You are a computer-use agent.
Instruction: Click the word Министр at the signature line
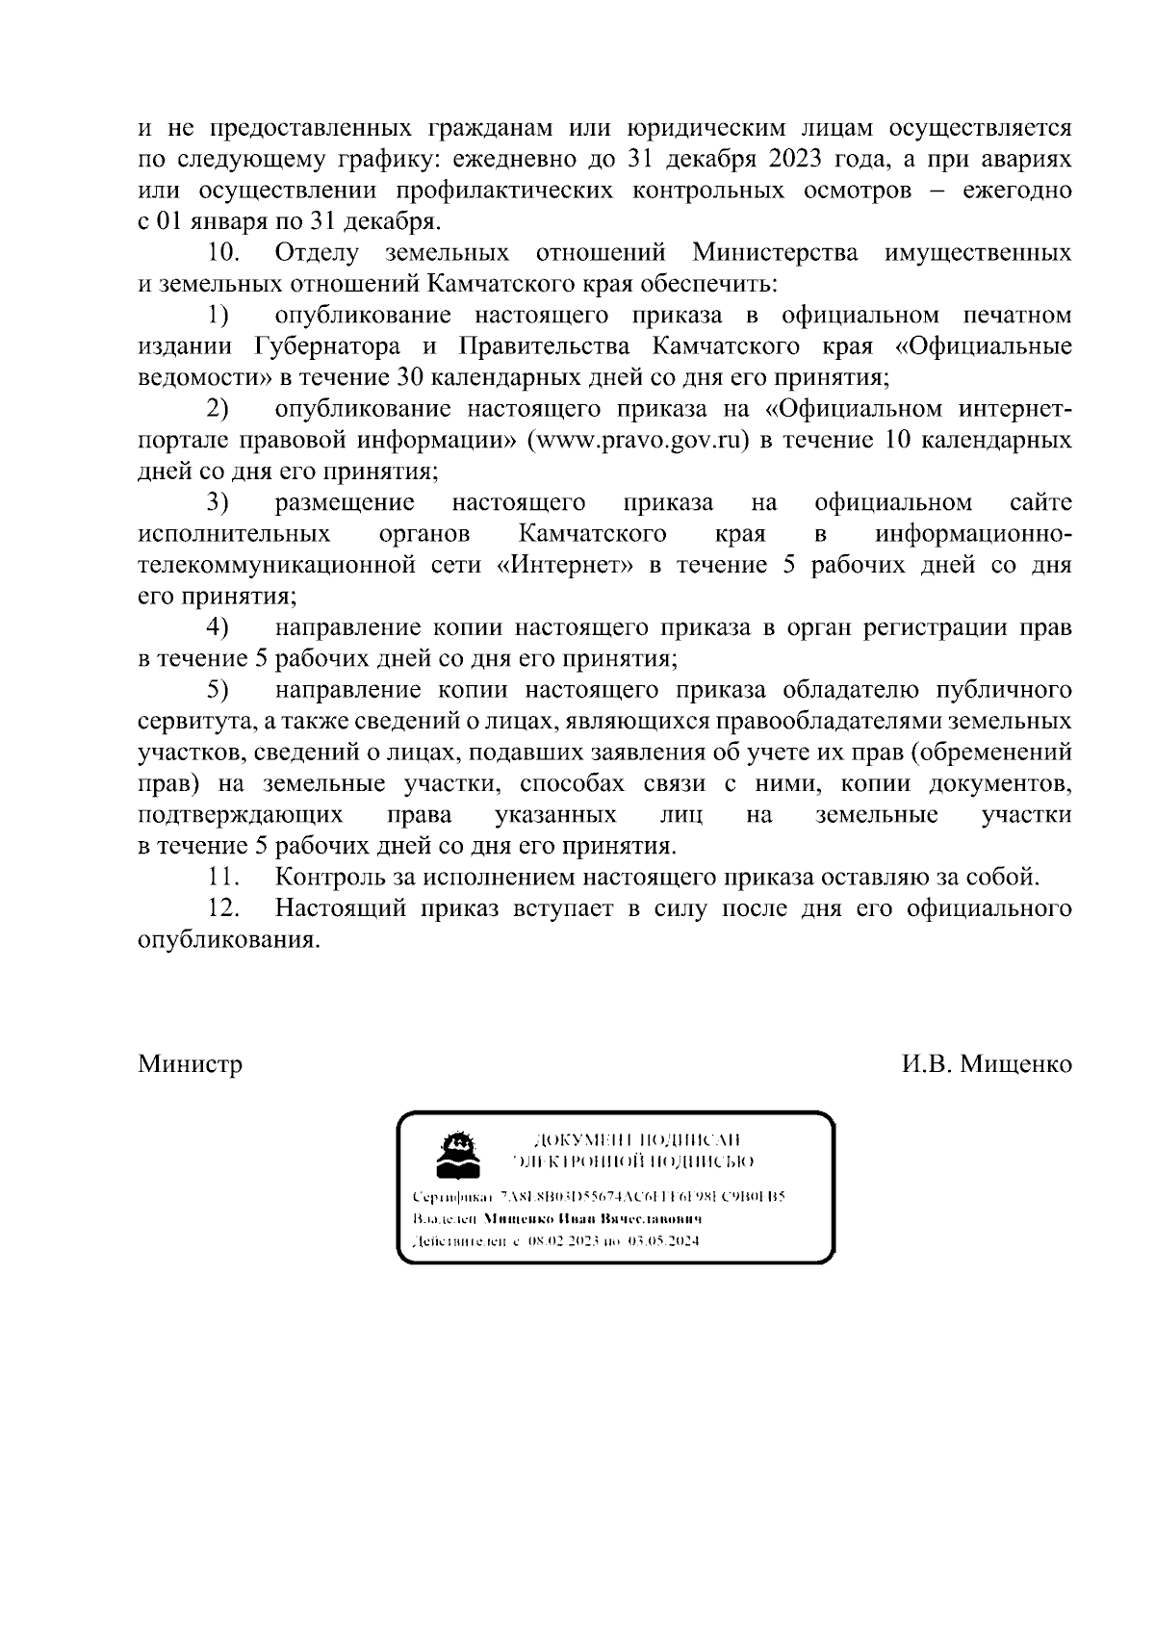pyautogui.click(x=190, y=1064)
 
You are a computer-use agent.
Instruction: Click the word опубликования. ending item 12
pyautogui.click(x=228, y=939)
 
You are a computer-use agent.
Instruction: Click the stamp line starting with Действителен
pyautogui.click(x=554, y=1241)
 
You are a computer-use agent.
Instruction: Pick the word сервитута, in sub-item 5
pyautogui.click(x=199, y=721)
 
